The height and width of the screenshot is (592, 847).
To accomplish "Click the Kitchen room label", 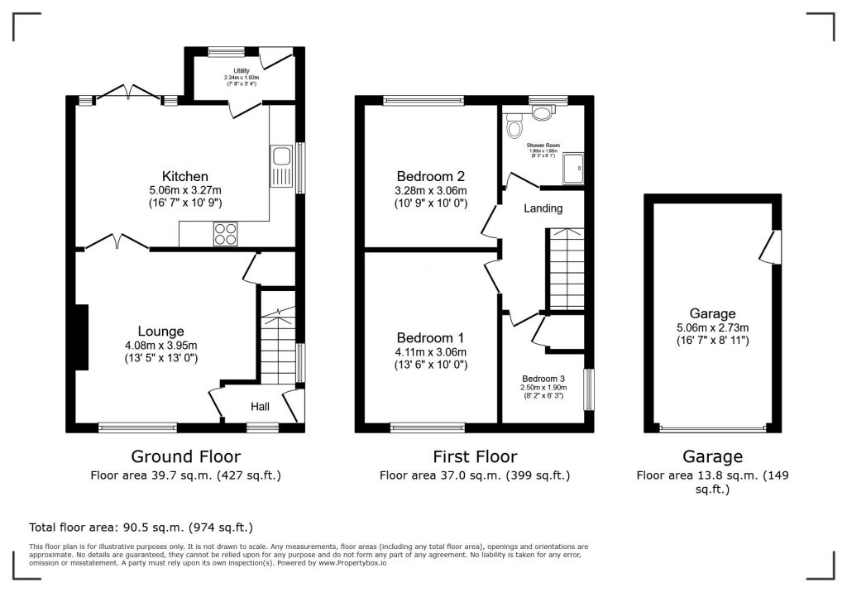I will coord(184,176).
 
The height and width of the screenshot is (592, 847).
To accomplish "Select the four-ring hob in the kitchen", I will coord(225,235).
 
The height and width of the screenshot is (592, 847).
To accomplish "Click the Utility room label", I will coord(241,71).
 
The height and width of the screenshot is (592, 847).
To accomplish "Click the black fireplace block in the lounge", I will coord(81,337).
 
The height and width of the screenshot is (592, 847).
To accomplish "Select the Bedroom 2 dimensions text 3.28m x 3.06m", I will coord(432,191).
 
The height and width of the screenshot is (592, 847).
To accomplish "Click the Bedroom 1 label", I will coord(430,337).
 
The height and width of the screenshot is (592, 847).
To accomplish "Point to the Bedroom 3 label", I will coord(543,378).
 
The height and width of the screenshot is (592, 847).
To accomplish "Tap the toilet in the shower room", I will coord(515,127).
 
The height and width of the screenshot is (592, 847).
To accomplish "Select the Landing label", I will coord(543,208).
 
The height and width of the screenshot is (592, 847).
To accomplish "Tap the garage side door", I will coord(773,247).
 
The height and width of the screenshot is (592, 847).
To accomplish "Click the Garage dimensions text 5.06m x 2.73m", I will coord(712,327).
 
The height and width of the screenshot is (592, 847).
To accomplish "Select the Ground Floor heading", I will coord(186,456).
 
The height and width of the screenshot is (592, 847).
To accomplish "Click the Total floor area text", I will coord(141,527).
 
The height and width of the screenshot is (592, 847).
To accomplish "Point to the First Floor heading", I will coord(475,456).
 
